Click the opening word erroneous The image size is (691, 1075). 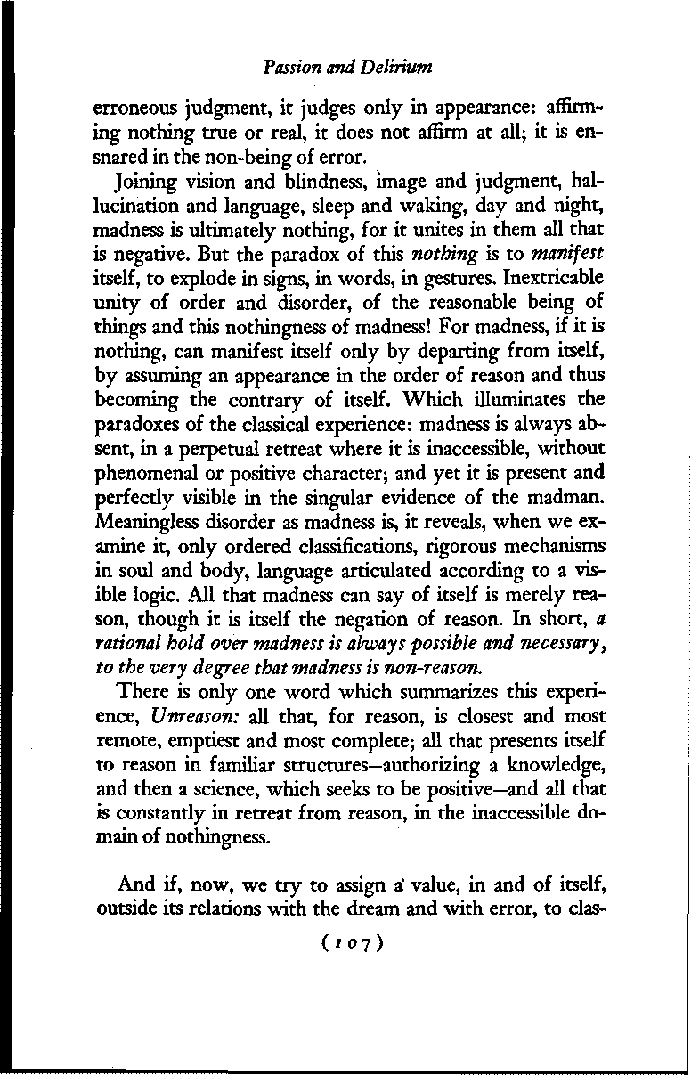pos(132,115)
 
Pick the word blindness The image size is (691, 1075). pos(308,184)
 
